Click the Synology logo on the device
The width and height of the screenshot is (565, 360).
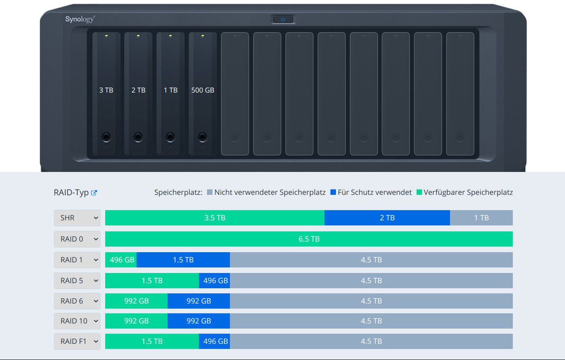(x=80, y=19)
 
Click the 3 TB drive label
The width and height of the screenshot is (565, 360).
(x=106, y=90)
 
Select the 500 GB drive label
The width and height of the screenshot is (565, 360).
(x=203, y=90)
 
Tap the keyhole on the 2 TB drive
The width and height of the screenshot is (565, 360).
(x=138, y=137)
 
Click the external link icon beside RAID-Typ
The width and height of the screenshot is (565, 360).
(x=94, y=193)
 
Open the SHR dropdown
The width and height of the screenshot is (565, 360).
(x=77, y=218)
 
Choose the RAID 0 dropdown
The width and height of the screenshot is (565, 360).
(x=77, y=239)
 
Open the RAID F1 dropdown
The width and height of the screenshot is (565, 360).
(x=77, y=341)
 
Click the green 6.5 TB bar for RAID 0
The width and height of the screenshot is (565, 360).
(x=309, y=239)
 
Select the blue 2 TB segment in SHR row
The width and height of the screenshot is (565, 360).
(x=387, y=218)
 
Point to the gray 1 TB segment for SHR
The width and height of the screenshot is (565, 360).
(x=481, y=218)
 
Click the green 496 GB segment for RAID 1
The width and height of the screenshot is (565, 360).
(x=121, y=260)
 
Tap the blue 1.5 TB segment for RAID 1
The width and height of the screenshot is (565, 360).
(x=183, y=260)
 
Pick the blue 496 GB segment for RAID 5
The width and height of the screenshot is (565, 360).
(x=215, y=280)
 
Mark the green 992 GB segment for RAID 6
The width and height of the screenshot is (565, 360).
(x=136, y=301)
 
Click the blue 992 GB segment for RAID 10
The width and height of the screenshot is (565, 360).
(x=199, y=321)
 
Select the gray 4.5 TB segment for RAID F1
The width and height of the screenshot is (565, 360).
(x=371, y=341)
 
